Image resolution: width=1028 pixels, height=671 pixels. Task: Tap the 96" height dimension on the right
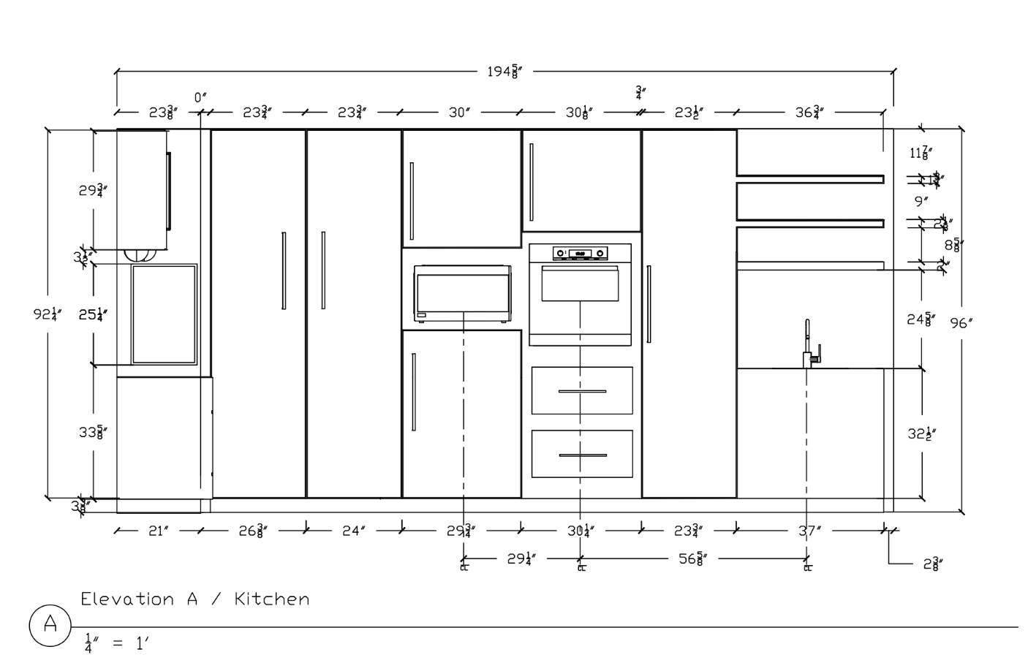(x=961, y=323)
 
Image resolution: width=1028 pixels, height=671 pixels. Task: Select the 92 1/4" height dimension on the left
(x=48, y=314)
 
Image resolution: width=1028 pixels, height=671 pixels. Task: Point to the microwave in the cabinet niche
(x=462, y=294)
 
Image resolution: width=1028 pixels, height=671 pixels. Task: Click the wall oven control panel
(x=580, y=253)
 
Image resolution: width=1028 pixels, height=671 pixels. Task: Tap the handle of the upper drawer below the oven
(x=582, y=391)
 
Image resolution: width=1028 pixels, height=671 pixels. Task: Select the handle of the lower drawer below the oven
(x=582, y=455)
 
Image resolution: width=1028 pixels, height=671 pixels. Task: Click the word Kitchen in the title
(x=272, y=599)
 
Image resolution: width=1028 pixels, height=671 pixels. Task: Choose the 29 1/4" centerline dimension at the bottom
(x=521, y=559)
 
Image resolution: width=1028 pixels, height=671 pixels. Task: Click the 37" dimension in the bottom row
(x=807, y=531)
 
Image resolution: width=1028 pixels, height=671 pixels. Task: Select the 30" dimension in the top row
(x=459, y=113)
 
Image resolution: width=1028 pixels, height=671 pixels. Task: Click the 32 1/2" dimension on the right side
(x=923, y=433)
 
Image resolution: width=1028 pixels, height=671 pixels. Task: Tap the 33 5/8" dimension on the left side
(x=94, y=432)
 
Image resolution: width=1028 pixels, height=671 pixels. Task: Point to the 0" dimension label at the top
(x=200, y=97)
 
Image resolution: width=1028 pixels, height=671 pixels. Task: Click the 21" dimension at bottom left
(x=159, y=531)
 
